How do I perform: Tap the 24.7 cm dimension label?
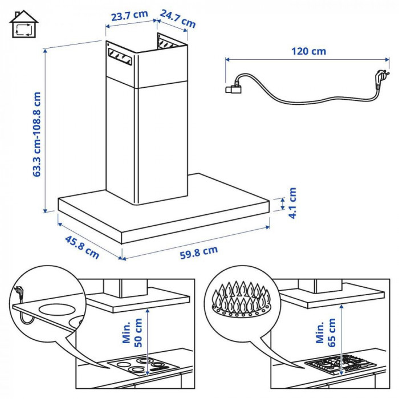[x=178, y=18]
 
